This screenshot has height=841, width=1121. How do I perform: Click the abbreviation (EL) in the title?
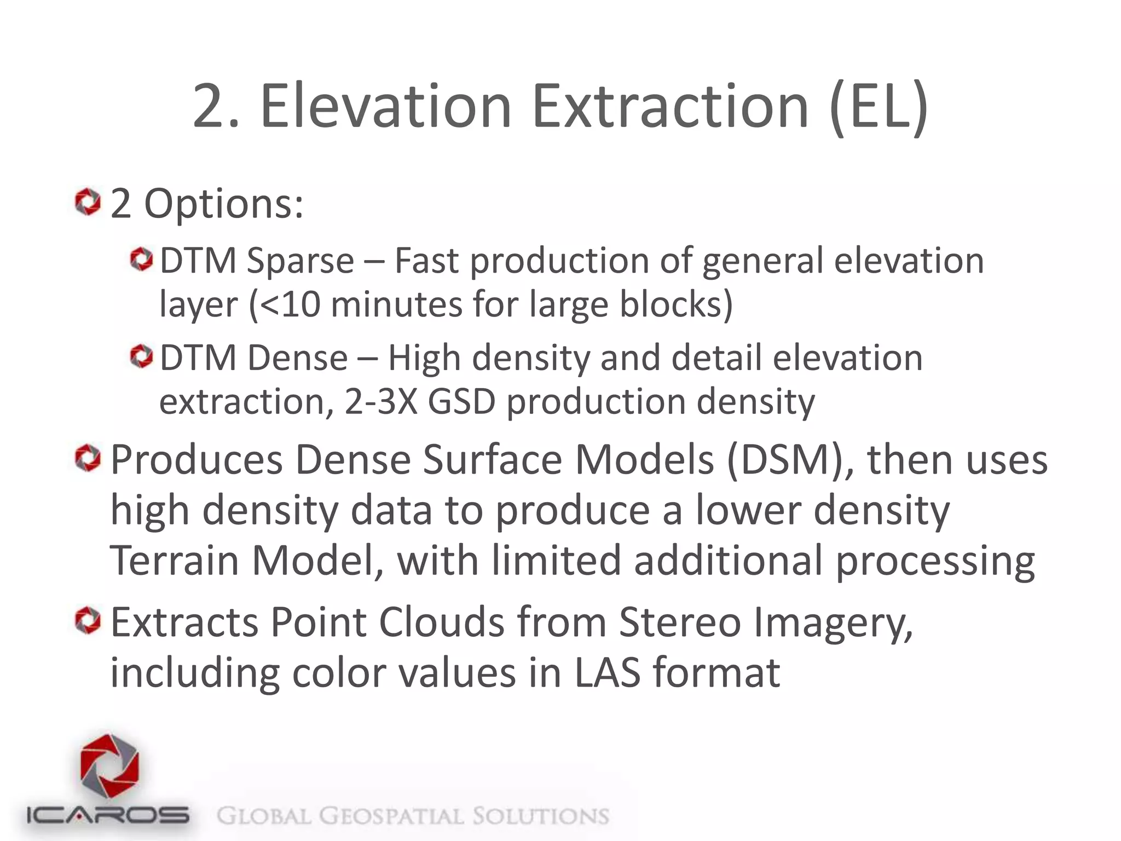878,107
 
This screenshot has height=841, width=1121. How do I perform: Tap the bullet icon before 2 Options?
88,202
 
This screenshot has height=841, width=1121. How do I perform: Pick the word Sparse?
300,262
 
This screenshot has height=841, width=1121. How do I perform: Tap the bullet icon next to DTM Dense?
142,357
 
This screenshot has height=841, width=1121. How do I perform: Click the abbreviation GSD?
461,402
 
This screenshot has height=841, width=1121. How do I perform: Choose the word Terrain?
174,561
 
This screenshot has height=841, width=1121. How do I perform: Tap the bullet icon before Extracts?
88,620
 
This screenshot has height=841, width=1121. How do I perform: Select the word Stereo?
680,623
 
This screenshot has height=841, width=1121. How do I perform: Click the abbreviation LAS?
606,673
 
